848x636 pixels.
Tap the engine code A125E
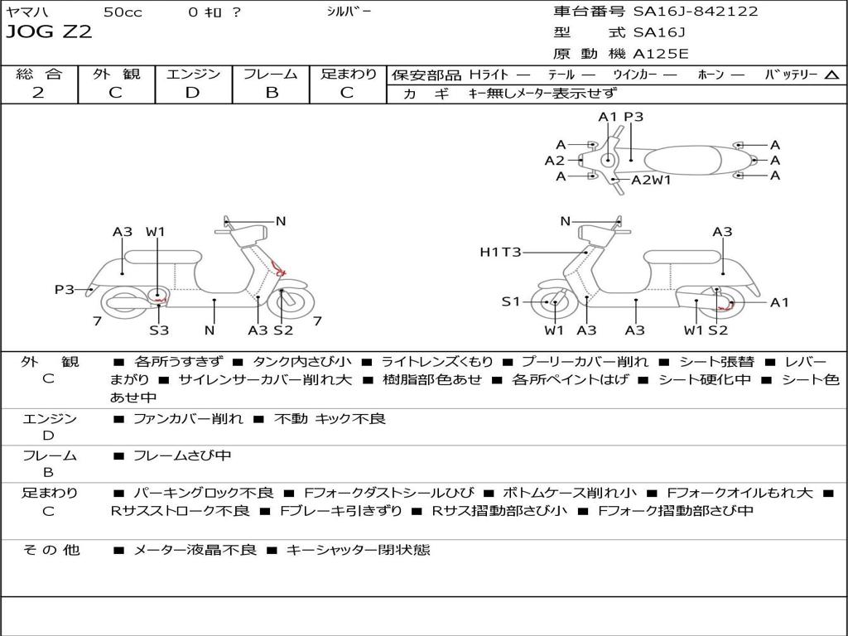tap(660, 55)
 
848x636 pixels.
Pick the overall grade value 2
tap(38, 93)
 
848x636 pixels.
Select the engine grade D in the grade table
tap(192, 93)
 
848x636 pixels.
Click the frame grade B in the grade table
tap(271, 93)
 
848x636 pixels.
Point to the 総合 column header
tap(38, 74)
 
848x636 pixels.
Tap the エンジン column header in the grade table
tap(193, 74)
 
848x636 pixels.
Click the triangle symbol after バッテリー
tap(831, 75)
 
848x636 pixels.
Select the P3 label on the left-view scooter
tap(65, 290)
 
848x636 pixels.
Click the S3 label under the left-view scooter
tap(159, 330)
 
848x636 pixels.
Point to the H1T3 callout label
tap(500, 252)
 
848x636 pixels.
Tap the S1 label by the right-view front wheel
tap(511, 302)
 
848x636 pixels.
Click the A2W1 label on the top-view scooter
tap(651, 180)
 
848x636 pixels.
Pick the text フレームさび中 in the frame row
tap(182, 455)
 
